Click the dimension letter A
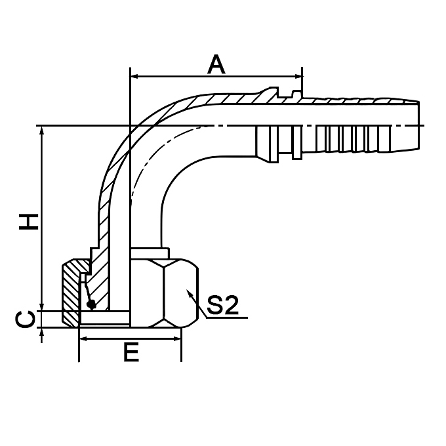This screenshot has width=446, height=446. click(216, 64)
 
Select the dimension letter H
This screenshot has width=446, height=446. click(28, 221)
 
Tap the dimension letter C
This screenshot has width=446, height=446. click(25, 319)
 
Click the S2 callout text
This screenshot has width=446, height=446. click(222, 305)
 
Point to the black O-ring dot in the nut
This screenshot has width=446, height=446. click(91, 304)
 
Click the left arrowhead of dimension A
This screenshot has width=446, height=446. click(135, 77)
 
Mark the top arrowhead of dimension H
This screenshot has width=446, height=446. click(43, 131)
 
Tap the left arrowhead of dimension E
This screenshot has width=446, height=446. click(83, 339)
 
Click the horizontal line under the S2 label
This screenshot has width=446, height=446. click(226, 317)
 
